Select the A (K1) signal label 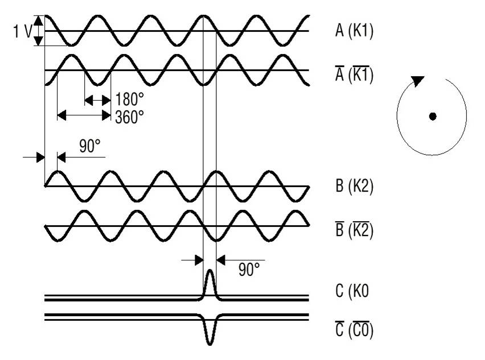pos(354,32)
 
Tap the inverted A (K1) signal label pos(354,74)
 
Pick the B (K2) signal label pos(354,187)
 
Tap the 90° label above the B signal pos(89,147)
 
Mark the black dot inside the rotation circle pos(433,117)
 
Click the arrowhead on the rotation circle pos(418,81)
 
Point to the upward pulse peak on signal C pos(209,272)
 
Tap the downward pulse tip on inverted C pos(209,344)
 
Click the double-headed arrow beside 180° pos(97,100)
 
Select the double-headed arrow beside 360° pos(84,115)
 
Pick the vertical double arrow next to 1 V pos(38,31)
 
